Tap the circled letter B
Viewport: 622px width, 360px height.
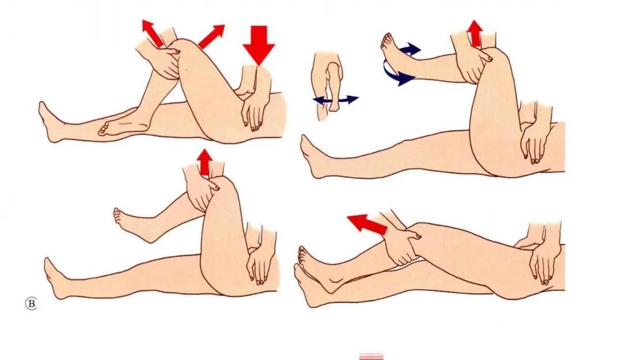31,304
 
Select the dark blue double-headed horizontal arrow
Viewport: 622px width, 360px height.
336,99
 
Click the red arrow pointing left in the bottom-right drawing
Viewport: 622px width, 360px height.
367,224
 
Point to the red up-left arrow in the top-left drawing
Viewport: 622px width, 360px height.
153,33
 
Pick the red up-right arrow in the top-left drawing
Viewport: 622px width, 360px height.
211,36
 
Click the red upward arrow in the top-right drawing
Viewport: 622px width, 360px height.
475,34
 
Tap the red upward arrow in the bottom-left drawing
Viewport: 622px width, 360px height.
204,163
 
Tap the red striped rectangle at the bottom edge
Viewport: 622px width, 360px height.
371,356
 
